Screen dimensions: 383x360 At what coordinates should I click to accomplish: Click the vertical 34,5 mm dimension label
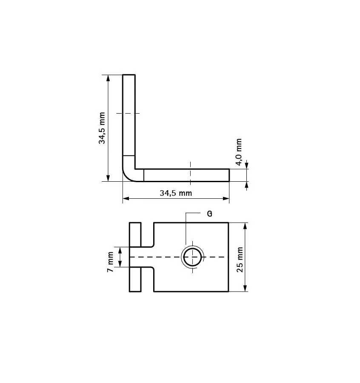tap(102, 128)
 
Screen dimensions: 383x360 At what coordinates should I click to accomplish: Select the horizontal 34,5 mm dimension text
tap(176, 193)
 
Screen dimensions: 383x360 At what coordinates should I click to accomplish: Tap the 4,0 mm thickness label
tap(239, 152)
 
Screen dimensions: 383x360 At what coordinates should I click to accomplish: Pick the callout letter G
tap(209, 214)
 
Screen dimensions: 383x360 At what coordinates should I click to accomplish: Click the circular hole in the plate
tap(193, 257)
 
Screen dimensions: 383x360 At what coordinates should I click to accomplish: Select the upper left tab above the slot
tap(135, 234)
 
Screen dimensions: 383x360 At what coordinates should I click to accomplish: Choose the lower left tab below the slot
tap(135, 280)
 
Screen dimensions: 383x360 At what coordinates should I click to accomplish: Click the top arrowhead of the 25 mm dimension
tap(245, 226)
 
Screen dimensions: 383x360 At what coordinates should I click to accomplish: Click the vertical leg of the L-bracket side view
tap(129, 115)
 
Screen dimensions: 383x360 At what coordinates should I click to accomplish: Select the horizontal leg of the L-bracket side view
tap(187, 175)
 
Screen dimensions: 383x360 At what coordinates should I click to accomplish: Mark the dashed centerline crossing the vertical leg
tap(128, 113)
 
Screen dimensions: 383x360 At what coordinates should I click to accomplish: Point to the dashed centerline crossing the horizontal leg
tap(190, 172)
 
